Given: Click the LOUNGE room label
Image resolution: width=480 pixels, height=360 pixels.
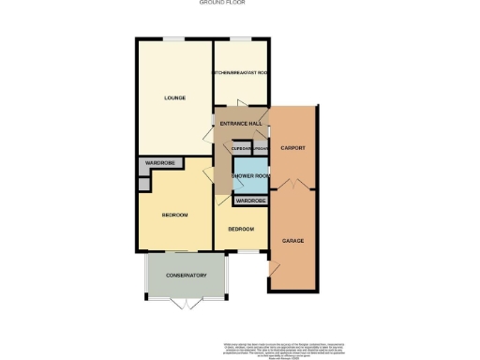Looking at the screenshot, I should (x=174, y=97).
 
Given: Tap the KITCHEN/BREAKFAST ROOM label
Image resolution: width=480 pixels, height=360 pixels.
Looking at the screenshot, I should (x=243, y=72).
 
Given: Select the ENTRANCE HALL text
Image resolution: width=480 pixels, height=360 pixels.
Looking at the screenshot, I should (x=240, y=124).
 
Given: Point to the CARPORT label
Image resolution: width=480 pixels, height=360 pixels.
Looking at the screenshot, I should (x=293, y=148).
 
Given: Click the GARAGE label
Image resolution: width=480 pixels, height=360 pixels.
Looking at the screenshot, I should (x=293, y=240).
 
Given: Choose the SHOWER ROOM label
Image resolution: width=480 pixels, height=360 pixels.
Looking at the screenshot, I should (x=250, y=176).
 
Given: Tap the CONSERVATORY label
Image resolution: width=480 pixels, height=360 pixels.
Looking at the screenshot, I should (x=186, y=275).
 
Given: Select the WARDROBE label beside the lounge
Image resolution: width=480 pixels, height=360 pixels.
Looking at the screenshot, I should (x=160, y=164).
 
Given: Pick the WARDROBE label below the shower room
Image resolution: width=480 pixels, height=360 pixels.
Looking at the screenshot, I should (x=249, y=201).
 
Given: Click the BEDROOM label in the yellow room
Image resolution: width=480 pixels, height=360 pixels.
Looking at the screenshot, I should (x=174, y=216).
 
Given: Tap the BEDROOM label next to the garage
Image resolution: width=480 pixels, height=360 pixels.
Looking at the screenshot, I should (x=242, y=229).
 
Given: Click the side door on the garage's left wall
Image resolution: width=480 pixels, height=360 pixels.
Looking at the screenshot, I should (x=274, y=269).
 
